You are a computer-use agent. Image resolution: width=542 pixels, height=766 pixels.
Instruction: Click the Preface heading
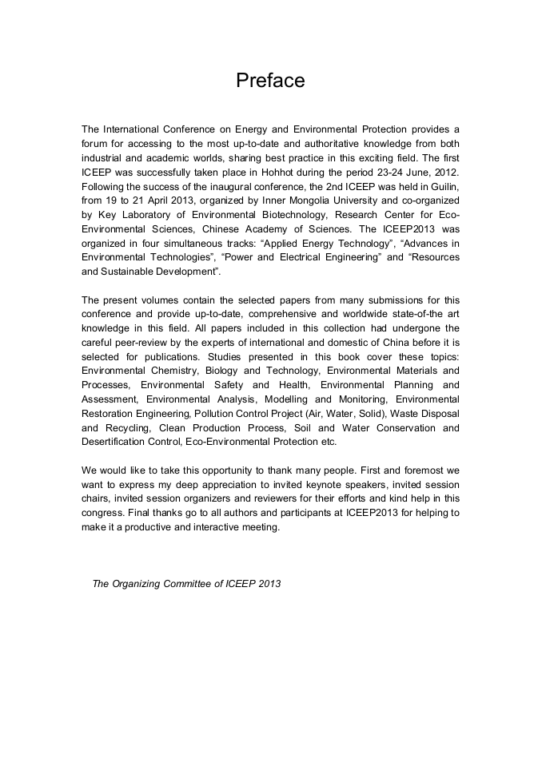[270, 81]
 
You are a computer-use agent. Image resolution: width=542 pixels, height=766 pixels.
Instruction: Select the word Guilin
[442, 186]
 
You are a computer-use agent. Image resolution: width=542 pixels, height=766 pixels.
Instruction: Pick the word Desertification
[117, 443]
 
